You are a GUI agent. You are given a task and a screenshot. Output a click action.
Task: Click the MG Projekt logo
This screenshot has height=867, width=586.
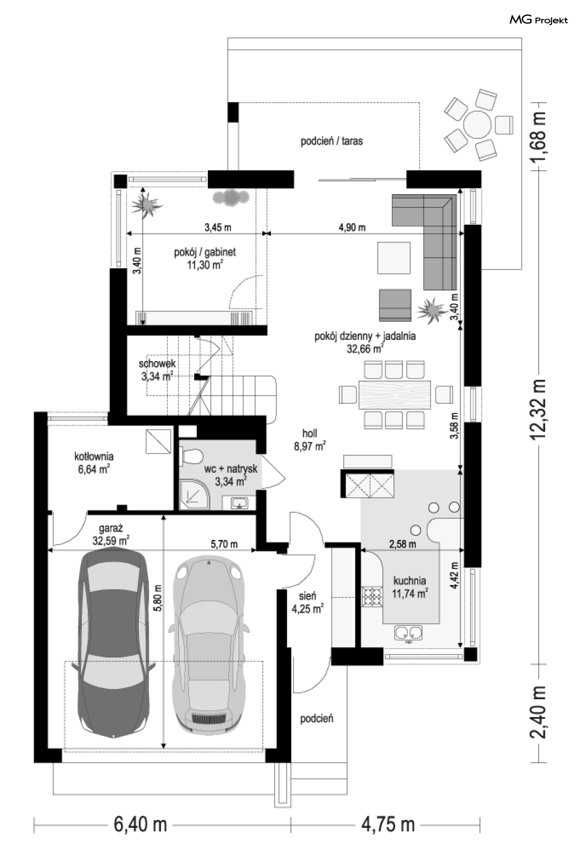539,20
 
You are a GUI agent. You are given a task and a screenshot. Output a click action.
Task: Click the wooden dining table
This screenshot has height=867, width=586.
395,395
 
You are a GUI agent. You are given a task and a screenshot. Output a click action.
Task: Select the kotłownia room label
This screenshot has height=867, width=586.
94,457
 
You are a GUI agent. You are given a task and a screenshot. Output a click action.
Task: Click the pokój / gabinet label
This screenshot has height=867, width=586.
205,252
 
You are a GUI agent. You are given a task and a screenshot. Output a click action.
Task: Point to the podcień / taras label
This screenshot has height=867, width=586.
332,141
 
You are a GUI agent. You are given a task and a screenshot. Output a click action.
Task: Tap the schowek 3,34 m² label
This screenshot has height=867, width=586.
157,370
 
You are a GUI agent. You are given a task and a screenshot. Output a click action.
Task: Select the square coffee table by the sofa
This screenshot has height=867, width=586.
394,258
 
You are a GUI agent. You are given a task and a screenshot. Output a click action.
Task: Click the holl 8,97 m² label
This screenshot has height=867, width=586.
310,440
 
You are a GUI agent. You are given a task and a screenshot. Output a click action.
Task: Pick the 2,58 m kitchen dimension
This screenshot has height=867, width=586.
402,544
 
